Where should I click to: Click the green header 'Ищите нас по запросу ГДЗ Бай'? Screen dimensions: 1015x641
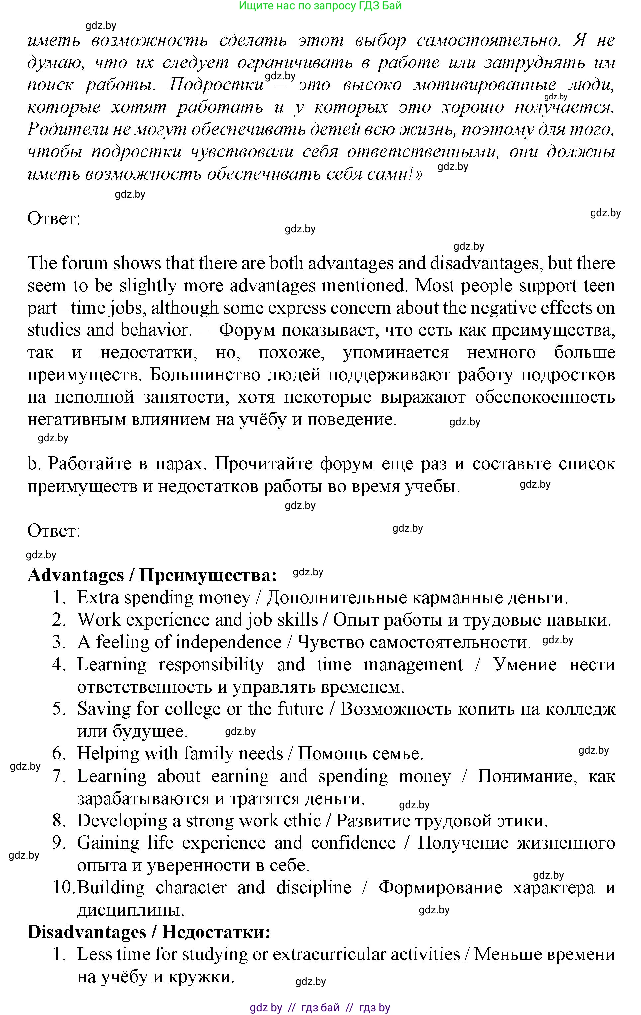(320, 6)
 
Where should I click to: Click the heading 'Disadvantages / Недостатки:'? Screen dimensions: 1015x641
(149, 932)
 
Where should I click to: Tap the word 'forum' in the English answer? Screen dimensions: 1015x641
(85, 263)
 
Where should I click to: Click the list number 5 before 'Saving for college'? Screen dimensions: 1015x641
(59, 709)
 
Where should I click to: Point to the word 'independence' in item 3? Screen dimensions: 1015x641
(228, 642)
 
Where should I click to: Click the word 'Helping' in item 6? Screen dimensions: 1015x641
(107, 754)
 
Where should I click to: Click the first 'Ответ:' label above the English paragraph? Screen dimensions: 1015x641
(53, 219)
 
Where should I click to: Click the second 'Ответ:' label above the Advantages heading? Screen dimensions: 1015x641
(53, 531)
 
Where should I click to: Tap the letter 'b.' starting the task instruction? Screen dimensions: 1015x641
(34, 464)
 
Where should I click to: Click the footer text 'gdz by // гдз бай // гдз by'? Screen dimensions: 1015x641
(320, 1007)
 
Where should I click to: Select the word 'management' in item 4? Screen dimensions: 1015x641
(413, 665)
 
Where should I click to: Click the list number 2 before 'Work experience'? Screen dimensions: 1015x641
(59, 620)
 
